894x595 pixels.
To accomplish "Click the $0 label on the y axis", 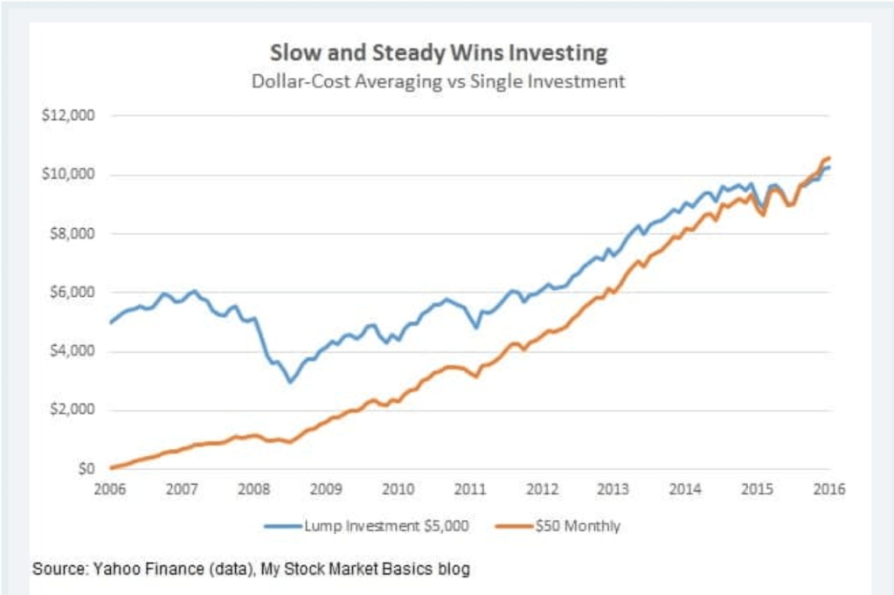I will tap(84, 469).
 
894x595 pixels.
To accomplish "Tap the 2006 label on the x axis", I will tap(109, 489).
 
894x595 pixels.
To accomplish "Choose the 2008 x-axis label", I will tap(253, 489).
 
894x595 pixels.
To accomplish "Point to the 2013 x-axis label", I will tap(614, 489).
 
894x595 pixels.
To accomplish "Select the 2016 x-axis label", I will tap(829, 489).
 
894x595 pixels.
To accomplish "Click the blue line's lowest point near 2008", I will tap(290, 382).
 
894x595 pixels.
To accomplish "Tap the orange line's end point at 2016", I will tap(828, 157).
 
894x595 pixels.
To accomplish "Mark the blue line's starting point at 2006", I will tap(110, 322).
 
